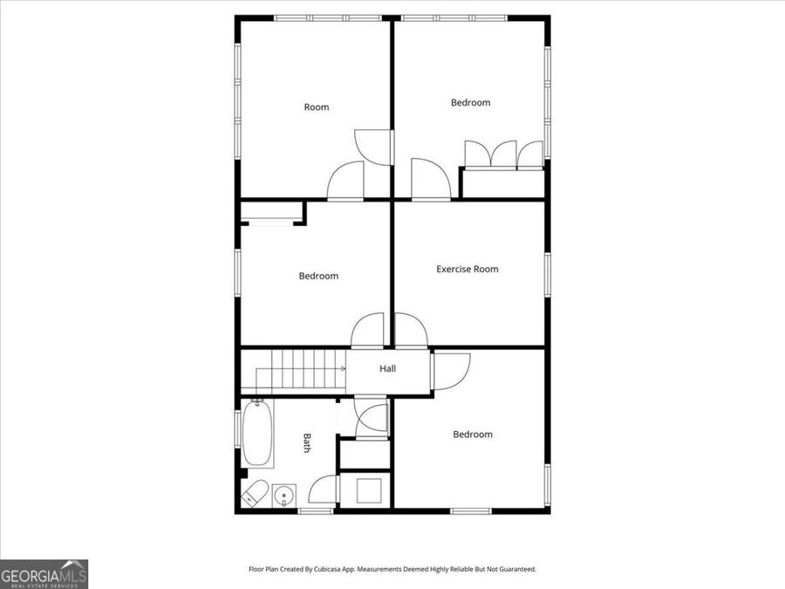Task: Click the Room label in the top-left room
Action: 317,107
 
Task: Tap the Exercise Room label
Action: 468,269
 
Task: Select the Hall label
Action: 388,369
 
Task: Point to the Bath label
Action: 307,443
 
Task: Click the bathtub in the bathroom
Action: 257,434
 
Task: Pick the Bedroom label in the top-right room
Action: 470,103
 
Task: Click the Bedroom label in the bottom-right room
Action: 472,435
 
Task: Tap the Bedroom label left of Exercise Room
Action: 318,277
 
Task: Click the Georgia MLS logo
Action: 44,574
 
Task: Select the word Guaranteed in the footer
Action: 514,569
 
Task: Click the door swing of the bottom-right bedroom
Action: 451,368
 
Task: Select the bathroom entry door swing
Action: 324,490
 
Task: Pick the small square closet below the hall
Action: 365,489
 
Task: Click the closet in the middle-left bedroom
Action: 270,213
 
